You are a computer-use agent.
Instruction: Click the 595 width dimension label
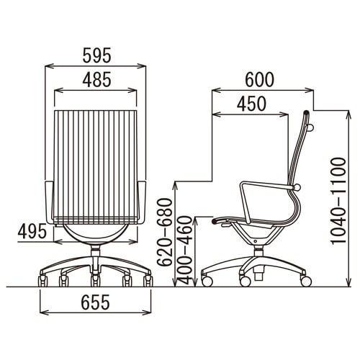(x=97, y=55)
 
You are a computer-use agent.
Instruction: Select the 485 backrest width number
(x=97, y=79)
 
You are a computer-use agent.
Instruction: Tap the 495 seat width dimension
(x=32, y=231)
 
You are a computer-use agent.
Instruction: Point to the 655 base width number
(x=95, y=302)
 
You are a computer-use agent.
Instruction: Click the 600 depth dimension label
(x=259, y=79)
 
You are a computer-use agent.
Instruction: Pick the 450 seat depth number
(x=252, y=104)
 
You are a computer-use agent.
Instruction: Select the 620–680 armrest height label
(x=165, y=233)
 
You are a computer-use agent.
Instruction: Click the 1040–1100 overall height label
(x=338, y=201)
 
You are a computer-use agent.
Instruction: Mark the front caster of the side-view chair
(x=207, y=281)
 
